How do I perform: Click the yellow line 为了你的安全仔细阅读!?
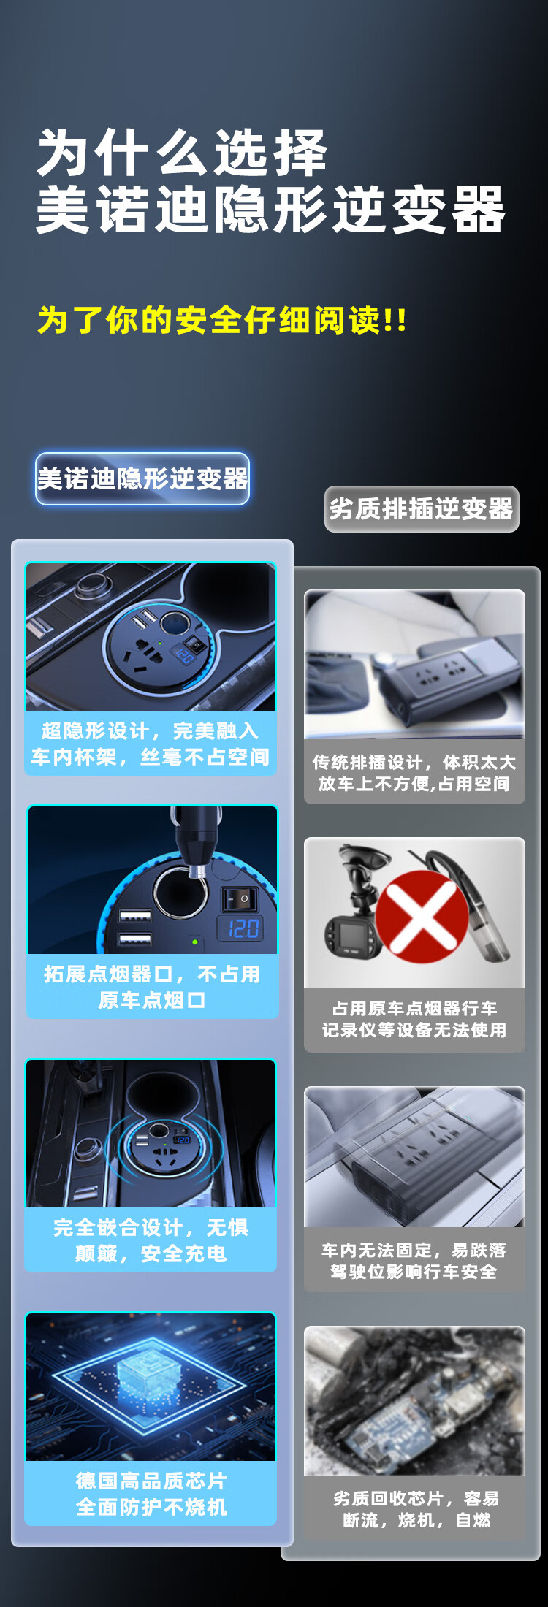pos(222,320)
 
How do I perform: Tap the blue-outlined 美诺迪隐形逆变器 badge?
pos(142,478)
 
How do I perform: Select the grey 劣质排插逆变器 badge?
pos(422,508)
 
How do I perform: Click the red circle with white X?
pos(422,915)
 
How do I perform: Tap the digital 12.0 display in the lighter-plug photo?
pos(243,928)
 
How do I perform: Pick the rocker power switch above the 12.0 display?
pos(240,898)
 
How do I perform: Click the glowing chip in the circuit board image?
pos(151,1374)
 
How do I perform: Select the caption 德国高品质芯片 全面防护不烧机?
pos(151,1493)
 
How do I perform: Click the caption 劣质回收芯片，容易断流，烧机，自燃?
pos(416,1509)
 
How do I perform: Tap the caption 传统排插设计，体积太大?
pos(414,763)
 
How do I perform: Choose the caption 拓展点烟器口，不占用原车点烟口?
pos(151,987)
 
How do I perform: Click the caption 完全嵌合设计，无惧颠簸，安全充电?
pos(151,1240)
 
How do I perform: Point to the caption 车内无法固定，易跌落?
pos(414,1250)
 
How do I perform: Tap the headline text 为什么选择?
pos(182,153)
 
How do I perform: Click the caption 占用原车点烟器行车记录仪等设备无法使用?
pos(414,1019)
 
